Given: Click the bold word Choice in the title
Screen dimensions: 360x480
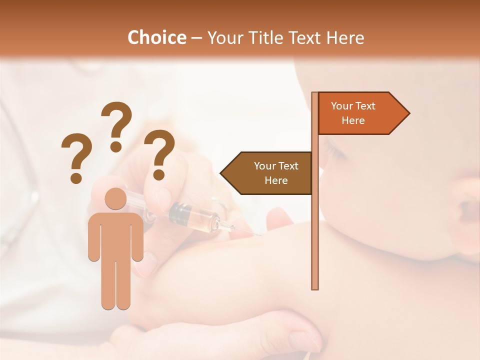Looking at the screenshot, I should [156, 38].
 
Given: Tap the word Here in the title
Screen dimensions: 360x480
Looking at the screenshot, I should [345, 38].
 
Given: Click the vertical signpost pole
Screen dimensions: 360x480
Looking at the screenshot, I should [315, 225].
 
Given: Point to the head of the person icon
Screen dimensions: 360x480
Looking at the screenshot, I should [115, 199].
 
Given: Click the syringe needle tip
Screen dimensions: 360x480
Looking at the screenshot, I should [259, 234].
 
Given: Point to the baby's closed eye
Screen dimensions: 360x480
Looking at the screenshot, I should [335, 152].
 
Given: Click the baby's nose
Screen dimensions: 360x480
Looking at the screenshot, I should [467, 200].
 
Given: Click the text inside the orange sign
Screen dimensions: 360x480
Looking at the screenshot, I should [353, 113].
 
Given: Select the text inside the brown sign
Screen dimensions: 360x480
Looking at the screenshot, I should [276, 173].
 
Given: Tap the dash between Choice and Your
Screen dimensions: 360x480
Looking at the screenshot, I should [196, 38].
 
